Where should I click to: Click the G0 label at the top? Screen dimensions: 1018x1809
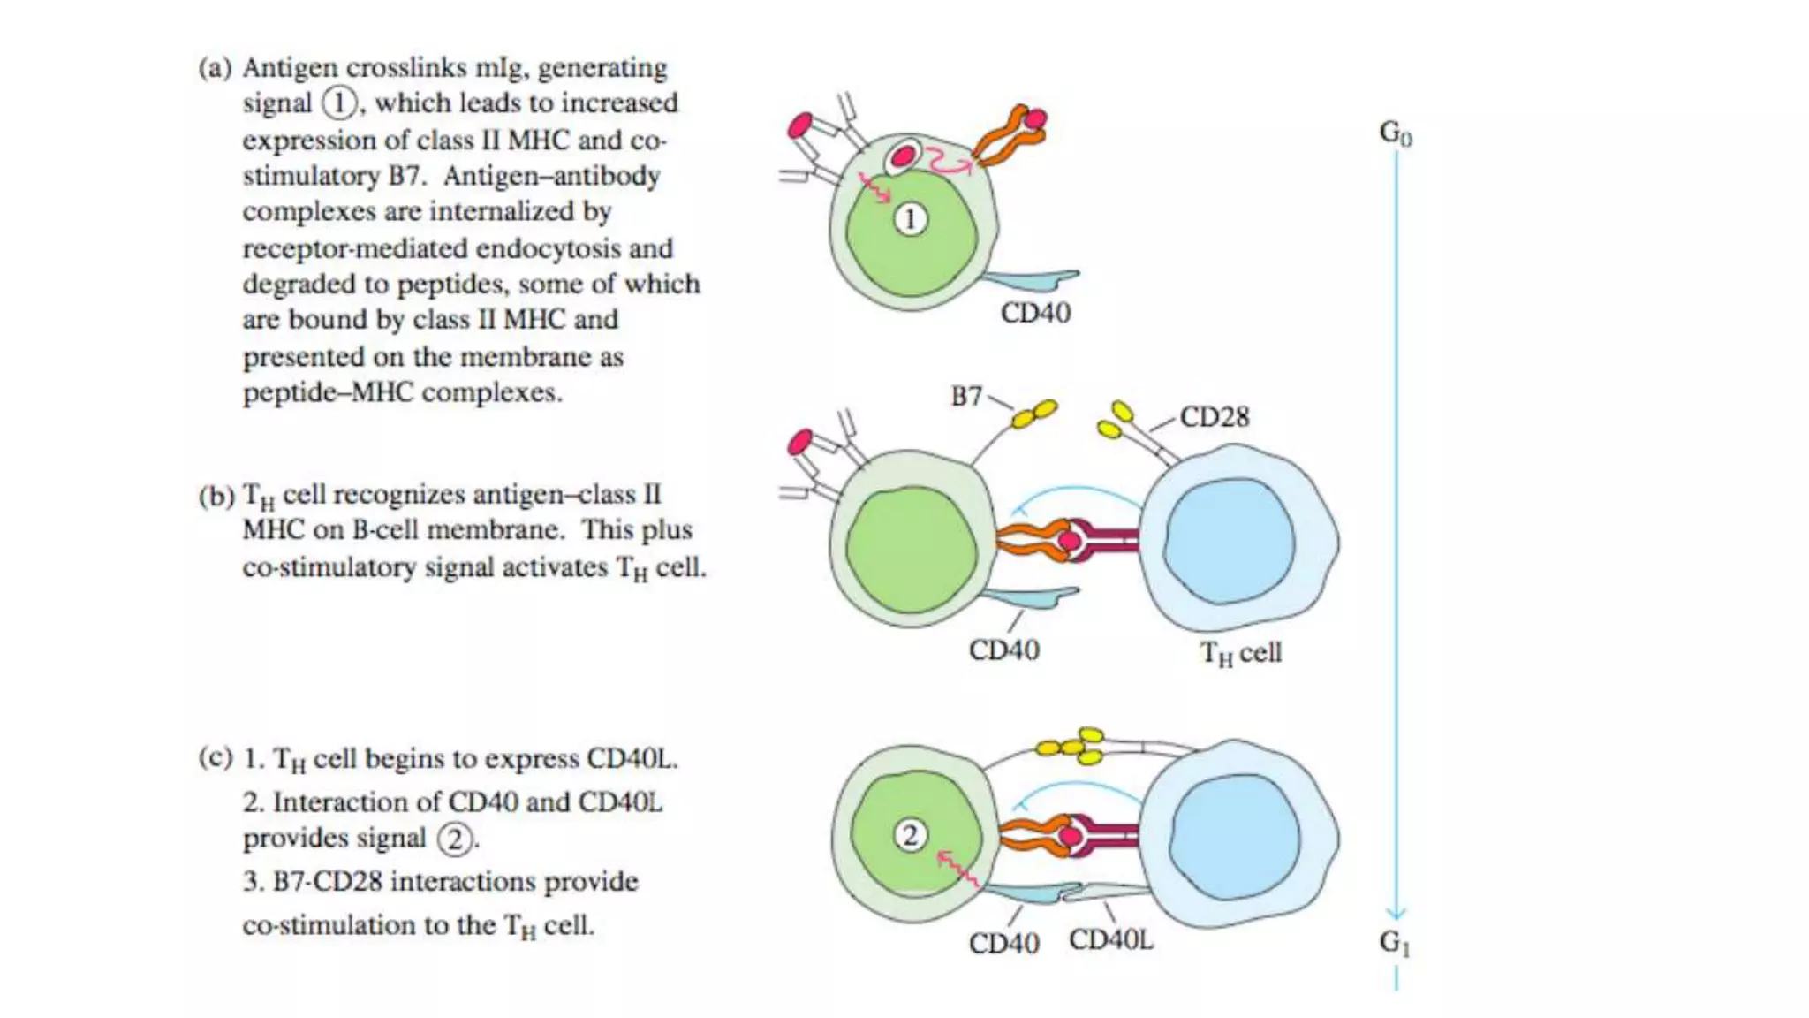[x=1396, y=133]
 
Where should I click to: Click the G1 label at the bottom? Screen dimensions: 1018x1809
[x=1395, y=942]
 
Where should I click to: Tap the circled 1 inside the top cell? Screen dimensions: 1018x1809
[x=911, y=218]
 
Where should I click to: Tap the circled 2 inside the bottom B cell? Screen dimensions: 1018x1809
[x=910, y=834]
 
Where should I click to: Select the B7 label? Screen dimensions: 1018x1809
[x=966, y=396]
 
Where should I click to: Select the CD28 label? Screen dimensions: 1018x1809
[x=1215, y=416]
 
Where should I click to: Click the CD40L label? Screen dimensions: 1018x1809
[x=1110, y=939]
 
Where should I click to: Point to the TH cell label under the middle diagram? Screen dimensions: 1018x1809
[x=1240, y=653]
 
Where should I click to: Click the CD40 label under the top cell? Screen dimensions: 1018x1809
[x=1035, y=313]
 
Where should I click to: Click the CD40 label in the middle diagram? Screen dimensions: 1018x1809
[x=1003, y=650]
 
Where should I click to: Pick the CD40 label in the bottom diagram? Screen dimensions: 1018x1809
[x=1003, y=943]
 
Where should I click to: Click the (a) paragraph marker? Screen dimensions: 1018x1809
[x=215, y=68]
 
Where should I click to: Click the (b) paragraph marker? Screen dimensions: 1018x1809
[x=215, y=495]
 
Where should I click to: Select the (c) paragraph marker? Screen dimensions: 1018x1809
[x=215, y=758]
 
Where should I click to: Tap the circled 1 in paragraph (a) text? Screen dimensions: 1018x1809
[x=338, y=103]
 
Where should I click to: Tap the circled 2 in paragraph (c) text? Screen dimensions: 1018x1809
[x=454, y=839]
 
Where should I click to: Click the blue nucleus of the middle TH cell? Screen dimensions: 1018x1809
[x=1229, y=541]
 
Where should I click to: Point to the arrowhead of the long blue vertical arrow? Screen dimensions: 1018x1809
[x=1396, y=914]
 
